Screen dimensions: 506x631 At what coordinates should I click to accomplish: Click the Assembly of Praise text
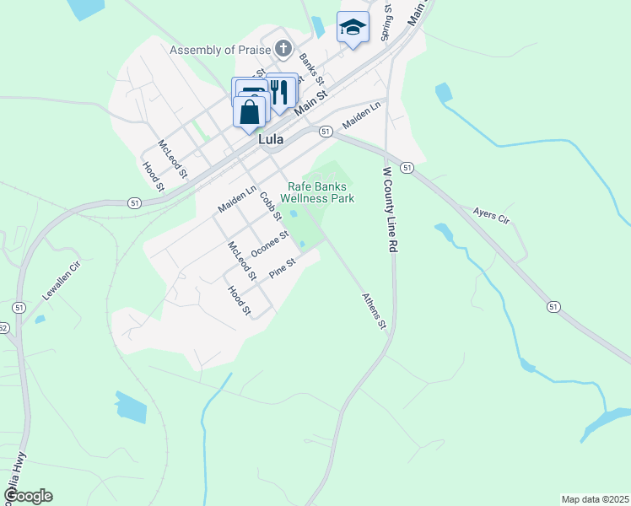point(213,51)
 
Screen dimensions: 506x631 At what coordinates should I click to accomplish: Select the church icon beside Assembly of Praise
point(284,48)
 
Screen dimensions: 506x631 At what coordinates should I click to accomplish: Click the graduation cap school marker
point(353,28)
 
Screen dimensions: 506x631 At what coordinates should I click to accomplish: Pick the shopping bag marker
point(250,112)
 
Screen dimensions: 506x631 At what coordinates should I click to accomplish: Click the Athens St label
point(374,311)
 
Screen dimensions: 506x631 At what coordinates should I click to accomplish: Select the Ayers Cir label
point(492,217)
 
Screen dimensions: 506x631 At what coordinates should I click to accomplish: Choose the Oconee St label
point(270,242)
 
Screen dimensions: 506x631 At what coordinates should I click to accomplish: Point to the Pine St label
point(282,269)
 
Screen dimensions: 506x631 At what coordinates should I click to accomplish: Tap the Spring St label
point(386,23)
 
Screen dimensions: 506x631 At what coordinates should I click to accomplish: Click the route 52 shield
point(3,328)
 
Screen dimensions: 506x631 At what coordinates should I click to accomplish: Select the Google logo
point(27,495)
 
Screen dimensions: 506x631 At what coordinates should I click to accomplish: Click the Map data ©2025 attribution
point(595,499)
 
